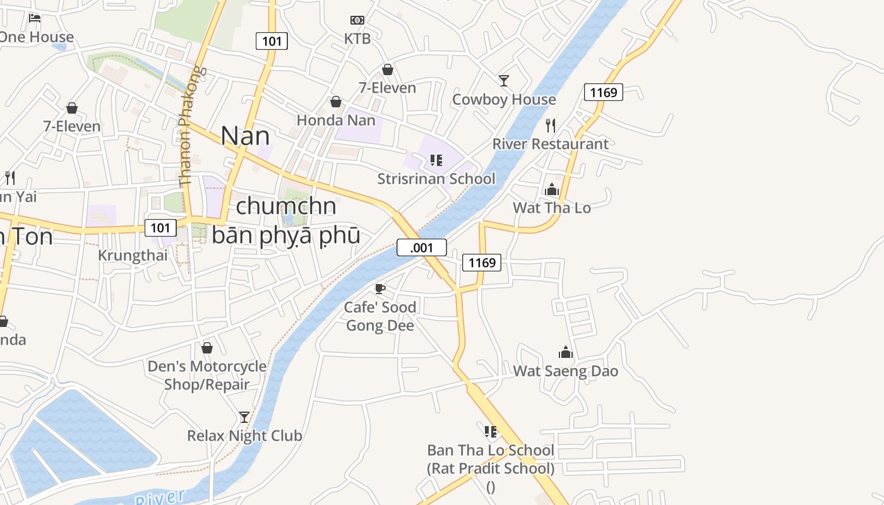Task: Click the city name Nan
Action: tap(245, 136)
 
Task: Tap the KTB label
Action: tap(357, 39)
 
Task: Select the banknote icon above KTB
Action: tap(357, 20)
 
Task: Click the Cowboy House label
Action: tap(504, 100)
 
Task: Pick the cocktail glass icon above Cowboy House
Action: tap(504, 81)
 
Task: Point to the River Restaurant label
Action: tap(551, 144)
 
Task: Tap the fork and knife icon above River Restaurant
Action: tap(551, 125)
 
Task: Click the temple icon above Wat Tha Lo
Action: tap(552, 189)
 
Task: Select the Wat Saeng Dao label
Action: tap(565, 371)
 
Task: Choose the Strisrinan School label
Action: tap(436, 179)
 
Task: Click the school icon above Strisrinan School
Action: tap(436, 160)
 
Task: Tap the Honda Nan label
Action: tap(336, 120)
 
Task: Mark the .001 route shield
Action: tap(422, 247)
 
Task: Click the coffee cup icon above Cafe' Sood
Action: tap(379, 289)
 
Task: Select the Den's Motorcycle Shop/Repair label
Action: tap(207, 375)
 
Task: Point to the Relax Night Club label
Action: tap(244, 436)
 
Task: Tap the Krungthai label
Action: tap(133, 256)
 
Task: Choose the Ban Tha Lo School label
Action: tap(491, 451)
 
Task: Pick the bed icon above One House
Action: tap(35, 18)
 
